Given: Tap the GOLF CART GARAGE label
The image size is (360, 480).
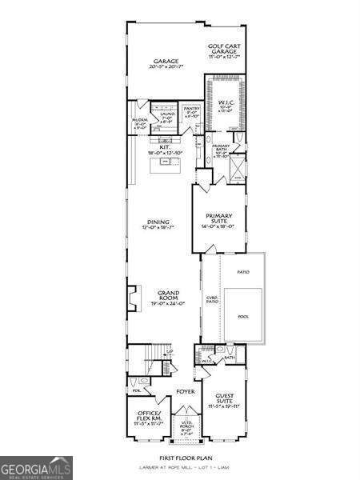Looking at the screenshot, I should click(225, 49).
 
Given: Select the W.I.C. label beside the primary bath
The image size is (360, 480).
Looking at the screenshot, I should click(224, 103).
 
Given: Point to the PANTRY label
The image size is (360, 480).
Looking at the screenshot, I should click(190, 110).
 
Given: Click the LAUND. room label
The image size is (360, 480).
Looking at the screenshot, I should click(167, 117).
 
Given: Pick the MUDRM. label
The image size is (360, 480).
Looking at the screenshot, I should click(140, 122).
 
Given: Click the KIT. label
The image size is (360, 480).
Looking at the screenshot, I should click(164, 146).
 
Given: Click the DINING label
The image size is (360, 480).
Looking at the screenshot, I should click(157, 223).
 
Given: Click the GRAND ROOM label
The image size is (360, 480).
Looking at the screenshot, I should click(168, 297).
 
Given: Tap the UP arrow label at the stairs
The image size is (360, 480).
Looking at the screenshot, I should click(169, 352).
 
